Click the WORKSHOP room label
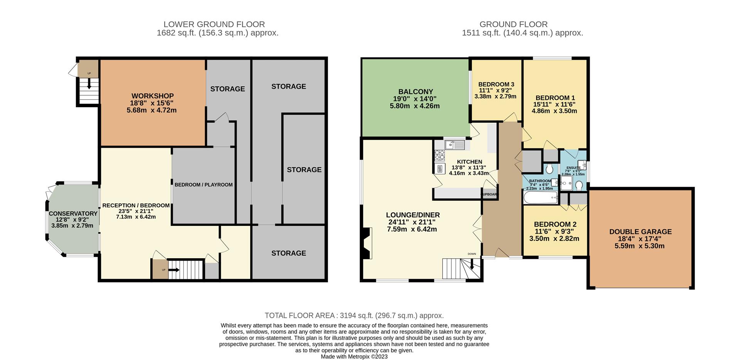pyautogui.click(x=152, y=96)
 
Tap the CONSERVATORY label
pyautogui.click(x=73, y=214)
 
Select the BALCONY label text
pyautogui.click(x=415, y=92)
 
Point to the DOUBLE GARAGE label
pyautogui.click(x=640, y=232)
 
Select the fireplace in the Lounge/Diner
pyautogui.click(x=366, y=243)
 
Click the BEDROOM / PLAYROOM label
pyautogui.click(x=203, y=185)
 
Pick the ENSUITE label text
pyautogui.click(x=573, y=168)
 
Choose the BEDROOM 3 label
pyautogui.click(x=496, y=84)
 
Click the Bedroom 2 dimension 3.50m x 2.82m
pyautogui.click(x=554, y=239)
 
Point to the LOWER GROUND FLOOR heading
pyautogui.click(x=214, y=25)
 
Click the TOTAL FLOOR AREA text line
pyautogui.click(x=354, y=316)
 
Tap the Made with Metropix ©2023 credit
pyautogui.click(x=354, y=357)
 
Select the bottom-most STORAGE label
pyautogui.click(x=288, y=253)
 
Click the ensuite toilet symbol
pyautogui.click(x=579, y=186)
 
